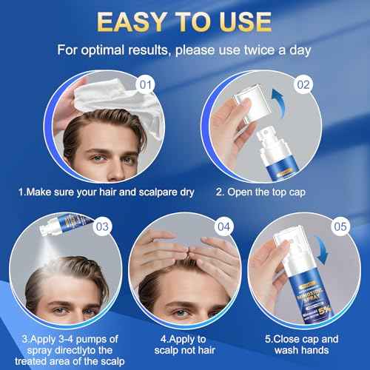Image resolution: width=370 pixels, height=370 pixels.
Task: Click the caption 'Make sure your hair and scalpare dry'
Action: pos(106,192)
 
